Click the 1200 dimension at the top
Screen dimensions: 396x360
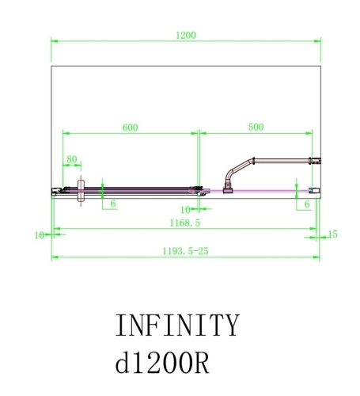click(187, 35)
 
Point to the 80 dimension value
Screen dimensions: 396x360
click(72, 159)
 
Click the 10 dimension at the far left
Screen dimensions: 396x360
click(39, 234)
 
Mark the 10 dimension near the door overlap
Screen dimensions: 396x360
click(186, 210)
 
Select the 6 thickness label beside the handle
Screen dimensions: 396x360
click(114, 204)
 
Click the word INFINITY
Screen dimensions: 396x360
click(176, 326)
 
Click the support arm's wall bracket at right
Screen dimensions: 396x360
click(314, 162)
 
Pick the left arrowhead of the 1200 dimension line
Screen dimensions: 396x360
click(55, 40)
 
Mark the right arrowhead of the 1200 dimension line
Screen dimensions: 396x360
click(318, 40)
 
